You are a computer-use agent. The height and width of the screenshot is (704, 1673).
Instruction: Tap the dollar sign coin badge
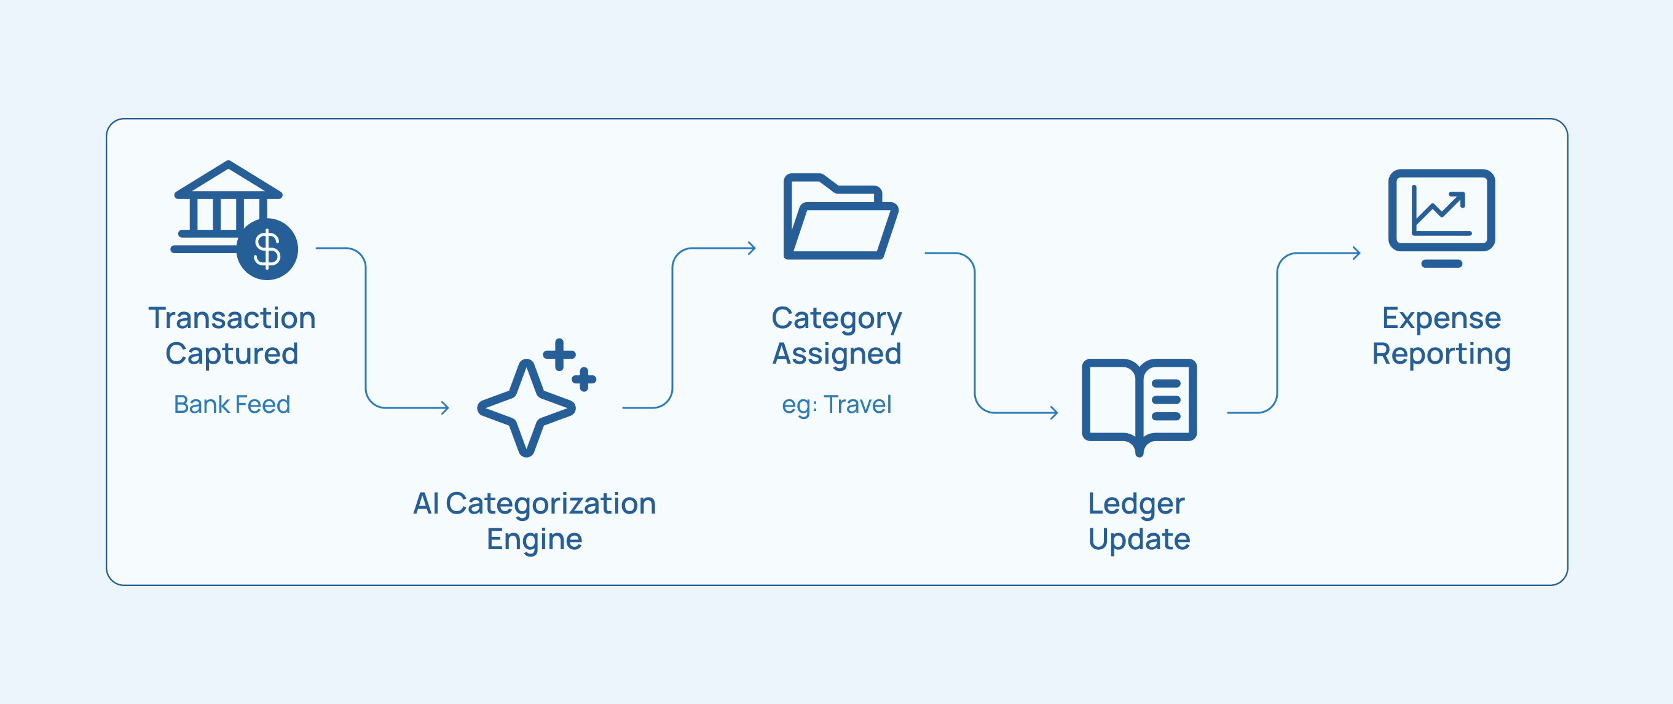click(267, 249)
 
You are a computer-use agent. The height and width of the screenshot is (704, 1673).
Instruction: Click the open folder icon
click(840, 217)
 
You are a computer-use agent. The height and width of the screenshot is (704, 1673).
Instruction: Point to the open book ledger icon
click(1139, 405)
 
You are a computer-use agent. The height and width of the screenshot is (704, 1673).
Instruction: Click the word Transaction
click(232, 318)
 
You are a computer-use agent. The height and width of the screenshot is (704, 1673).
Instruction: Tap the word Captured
click(232, 354)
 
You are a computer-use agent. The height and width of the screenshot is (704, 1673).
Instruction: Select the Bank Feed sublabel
click(232, 404)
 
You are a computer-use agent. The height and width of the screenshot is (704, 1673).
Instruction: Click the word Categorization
click(551, 504)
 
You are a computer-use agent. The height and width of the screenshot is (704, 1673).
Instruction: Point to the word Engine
click(534, 539)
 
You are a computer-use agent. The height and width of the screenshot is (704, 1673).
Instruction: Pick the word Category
click(836, 319)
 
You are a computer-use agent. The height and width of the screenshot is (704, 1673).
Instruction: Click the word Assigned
click(836, 354)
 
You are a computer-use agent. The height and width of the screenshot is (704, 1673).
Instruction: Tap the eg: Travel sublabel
click(836, 404)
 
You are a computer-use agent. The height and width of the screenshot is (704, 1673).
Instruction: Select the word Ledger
click(1136, 504)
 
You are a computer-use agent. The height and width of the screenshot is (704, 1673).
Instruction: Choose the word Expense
click(1441, 319)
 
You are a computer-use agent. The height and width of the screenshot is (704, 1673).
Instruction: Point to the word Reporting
click(1441, 354)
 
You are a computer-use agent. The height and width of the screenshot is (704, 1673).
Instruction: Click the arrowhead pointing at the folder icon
click(752, 248)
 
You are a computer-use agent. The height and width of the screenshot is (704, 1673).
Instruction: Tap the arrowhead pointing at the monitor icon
click(1356, 253)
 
